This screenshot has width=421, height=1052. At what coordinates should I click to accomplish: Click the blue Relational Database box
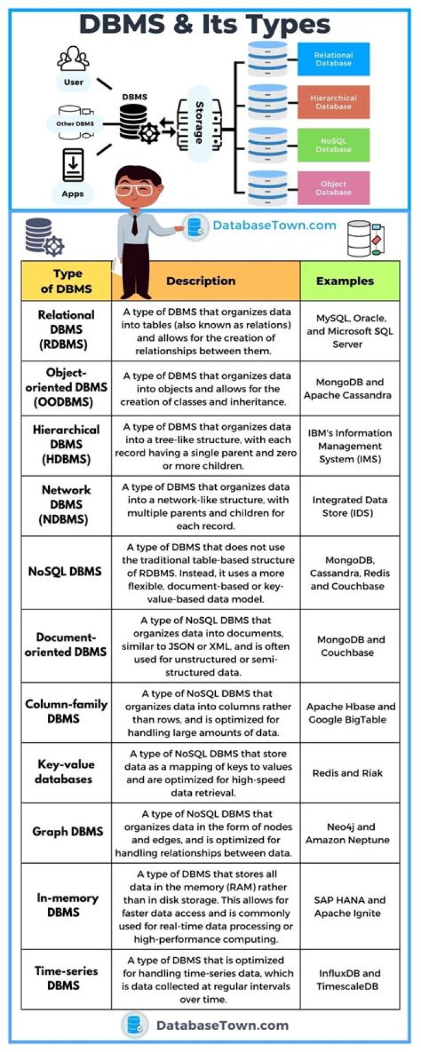point(333,59)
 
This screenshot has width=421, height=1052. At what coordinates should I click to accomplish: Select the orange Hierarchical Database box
point(333,102)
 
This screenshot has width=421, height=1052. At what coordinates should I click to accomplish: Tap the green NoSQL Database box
point(333,145)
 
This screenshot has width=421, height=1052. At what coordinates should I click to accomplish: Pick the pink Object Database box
point(333,188)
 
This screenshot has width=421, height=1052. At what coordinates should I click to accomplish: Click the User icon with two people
point(73,58)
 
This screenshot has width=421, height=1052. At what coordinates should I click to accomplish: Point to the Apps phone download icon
point(73,165)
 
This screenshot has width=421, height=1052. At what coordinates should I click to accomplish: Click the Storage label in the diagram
point(199,123)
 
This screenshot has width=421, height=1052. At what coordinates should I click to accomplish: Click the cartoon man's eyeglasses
point(134,190)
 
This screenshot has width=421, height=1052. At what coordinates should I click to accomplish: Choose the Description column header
point(201,281)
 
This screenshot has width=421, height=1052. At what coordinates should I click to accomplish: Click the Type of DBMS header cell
point(67,281)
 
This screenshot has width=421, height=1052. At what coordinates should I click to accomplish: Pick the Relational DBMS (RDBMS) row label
point(66,330)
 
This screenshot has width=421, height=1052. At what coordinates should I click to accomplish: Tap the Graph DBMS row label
point(67,832)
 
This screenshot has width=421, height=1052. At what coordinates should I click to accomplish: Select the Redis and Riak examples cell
point(347,773)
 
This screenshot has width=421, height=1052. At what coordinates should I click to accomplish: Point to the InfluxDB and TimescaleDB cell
point(349,980)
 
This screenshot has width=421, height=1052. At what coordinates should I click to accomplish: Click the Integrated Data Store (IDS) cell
point(349,506)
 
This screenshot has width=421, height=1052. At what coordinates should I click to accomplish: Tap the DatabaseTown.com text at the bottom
point(222,1025)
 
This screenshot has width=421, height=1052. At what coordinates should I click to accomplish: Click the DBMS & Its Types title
point(205,25)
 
